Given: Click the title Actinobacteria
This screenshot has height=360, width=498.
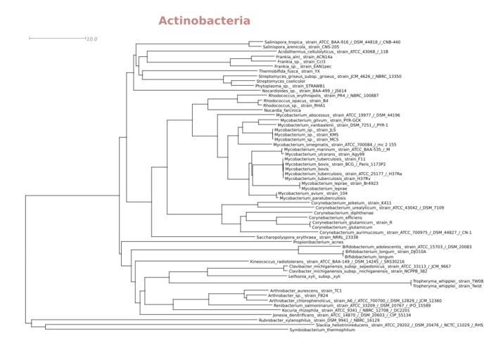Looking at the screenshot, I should (x=204, y=21).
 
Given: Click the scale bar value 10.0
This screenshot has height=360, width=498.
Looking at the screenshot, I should (x=91, y=39).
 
